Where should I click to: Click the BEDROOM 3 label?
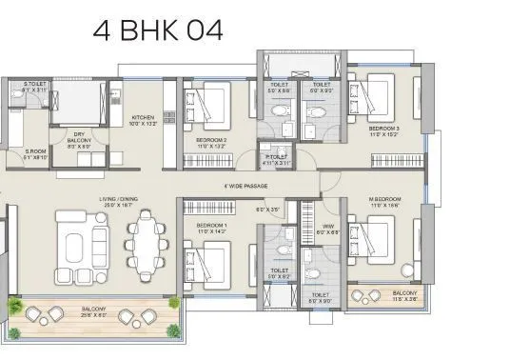(x=383, y=131)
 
